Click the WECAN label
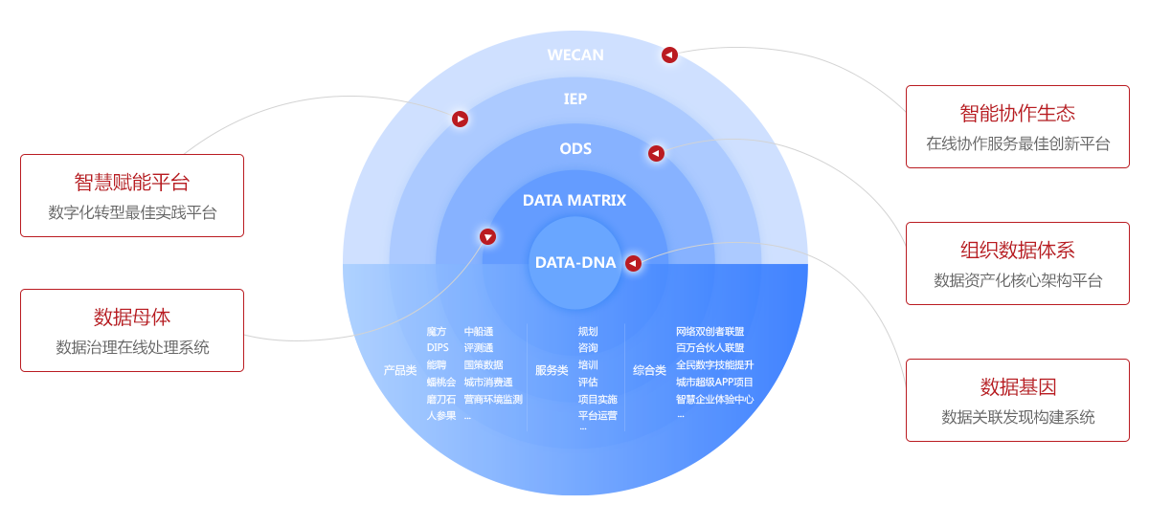[575, 55]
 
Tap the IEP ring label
[574, 99]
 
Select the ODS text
[575, 148]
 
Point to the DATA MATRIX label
[574, 200]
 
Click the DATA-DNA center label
[574, 262]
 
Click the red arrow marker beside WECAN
[669, 55]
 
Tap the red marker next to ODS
[656, 153]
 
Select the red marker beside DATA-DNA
[633, 262]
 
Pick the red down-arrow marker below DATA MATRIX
[487, 236]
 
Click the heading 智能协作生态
[1017, 114]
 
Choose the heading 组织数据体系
[1017, 251]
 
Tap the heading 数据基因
[1017, 387]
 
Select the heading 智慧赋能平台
[132, 183]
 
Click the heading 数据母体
[132, 318]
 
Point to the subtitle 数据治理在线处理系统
[132, 347]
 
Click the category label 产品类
[400, 370]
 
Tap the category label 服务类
[552, 370]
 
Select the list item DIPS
[438, 348]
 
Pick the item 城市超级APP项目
[714, 383]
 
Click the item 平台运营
[597, 416]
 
